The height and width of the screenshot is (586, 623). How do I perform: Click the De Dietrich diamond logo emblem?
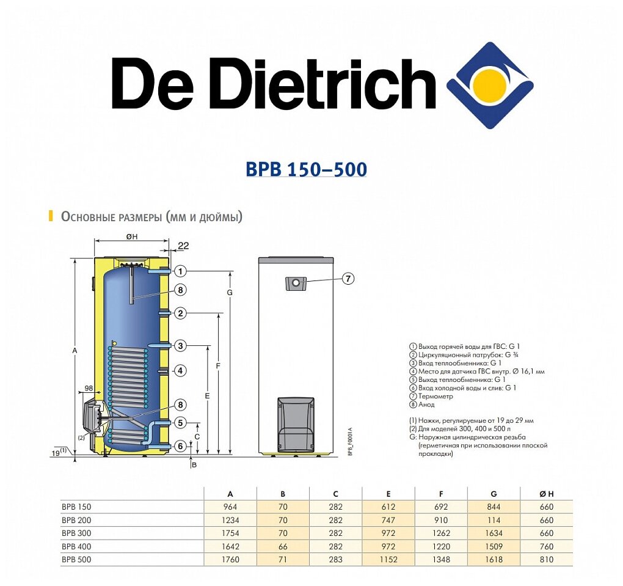click(490, 85)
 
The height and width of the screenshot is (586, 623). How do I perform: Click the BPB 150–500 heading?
click(306, 169)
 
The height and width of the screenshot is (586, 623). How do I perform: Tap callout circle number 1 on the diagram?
click(180, 271)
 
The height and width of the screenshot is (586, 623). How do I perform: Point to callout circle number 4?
click(180, 370)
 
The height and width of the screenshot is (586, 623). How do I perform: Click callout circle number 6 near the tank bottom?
click(180, 446)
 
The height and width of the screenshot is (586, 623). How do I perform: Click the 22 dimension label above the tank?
click(183, 246)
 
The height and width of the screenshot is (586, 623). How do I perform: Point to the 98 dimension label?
click(89, 389)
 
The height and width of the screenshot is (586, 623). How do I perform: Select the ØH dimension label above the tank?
click(131, 236)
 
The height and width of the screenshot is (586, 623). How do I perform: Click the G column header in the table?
click(494, 494)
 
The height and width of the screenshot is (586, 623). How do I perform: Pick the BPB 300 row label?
click(76, 533)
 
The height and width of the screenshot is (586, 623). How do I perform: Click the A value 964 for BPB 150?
click(230, 507)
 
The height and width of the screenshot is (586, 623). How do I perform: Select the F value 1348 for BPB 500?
click(441, 559)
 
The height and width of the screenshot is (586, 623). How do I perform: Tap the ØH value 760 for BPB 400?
click(547, 546)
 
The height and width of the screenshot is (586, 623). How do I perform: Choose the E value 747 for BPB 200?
click(388, 520)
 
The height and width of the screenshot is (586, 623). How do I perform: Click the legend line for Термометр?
click(434, 396)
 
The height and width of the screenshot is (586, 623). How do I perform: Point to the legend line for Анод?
click(427, 405)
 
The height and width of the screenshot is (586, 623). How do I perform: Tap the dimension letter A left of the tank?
click(75, 351)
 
